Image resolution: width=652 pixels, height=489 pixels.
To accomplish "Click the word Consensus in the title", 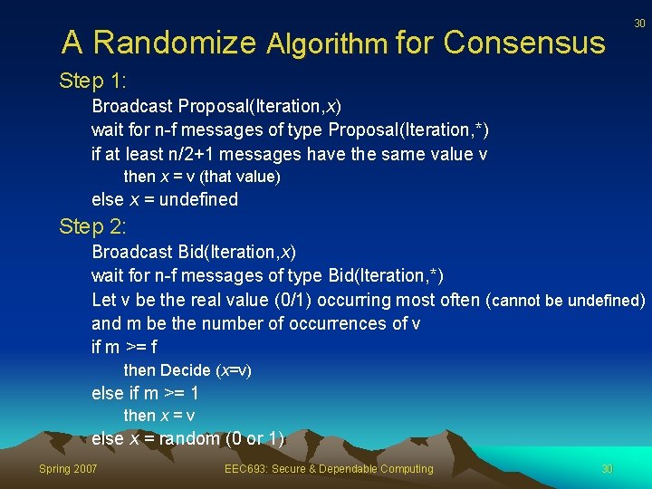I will point(524,43).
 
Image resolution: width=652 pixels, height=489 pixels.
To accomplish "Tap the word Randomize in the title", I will point(175,43).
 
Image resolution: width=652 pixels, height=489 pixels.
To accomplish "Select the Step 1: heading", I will point(92,81).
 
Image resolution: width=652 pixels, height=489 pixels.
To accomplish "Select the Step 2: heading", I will point(92,226).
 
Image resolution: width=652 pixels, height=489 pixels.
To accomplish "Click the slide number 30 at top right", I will point(639,24).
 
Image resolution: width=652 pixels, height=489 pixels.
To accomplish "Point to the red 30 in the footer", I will point(608,468).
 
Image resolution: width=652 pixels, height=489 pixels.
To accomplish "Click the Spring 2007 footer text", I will point(68,468).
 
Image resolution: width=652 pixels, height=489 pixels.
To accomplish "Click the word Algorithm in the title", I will point(328,43).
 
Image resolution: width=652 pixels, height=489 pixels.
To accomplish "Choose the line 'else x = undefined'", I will point(165,199).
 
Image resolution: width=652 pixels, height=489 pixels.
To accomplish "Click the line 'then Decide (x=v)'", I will point(187,370).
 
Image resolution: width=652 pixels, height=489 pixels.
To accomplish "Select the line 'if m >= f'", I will point(125,347).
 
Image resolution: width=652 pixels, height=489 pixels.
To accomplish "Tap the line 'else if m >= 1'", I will point(146,393).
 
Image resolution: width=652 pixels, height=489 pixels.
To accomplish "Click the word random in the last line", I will point(196,438).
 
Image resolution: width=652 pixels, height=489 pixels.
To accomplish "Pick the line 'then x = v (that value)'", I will point(202,177).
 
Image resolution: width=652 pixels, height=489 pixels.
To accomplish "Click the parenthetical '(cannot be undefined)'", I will point(566,300).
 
